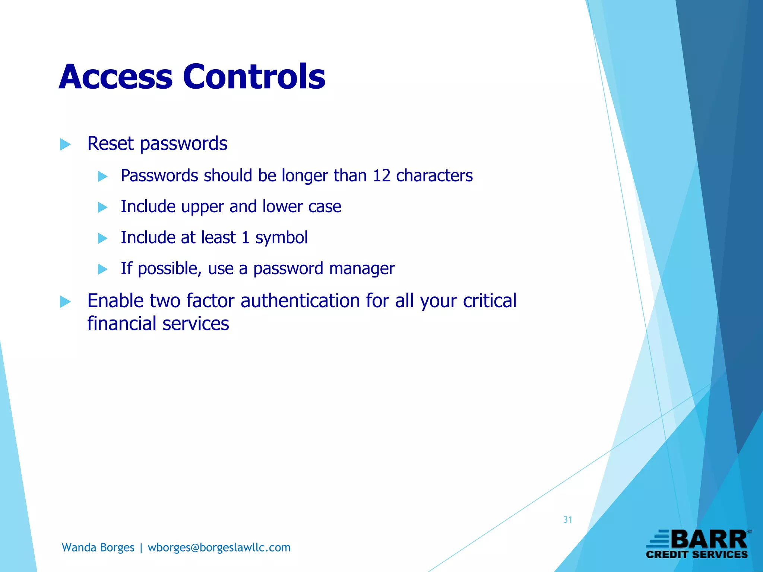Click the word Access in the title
coord(115,77)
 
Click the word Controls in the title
coord(254,77)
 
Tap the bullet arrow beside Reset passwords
coord(65,144)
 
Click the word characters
coord(434,176)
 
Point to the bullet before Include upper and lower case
coord(102,207)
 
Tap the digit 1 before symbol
coord(245,238)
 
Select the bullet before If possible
coord(102,269)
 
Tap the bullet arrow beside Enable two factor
coord(65,302)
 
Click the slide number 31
coord(567,519)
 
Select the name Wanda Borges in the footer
coord(98,547)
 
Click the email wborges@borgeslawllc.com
coord(219,547)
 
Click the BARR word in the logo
coord(710,540)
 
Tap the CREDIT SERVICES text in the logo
coord(697,554)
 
